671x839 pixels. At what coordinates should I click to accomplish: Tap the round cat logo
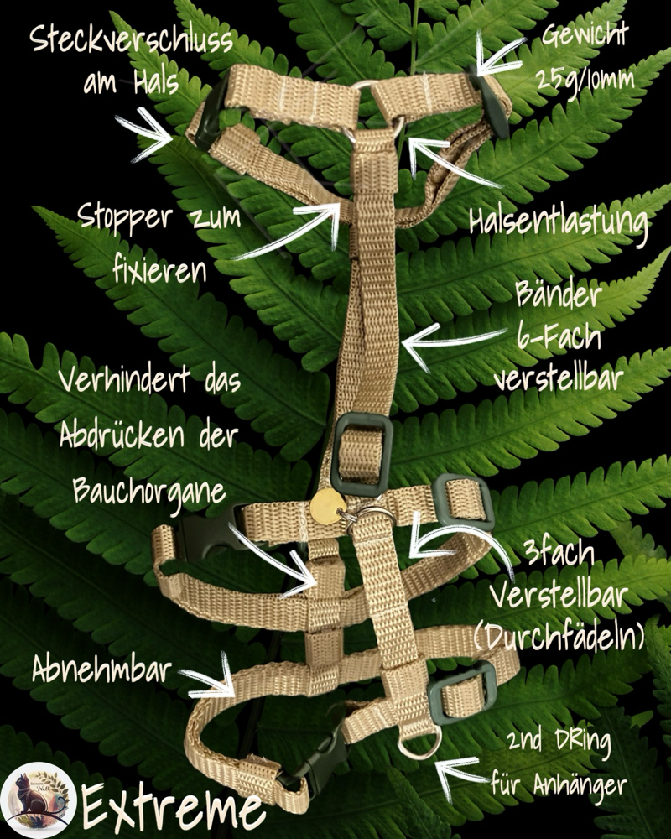coord(38,798)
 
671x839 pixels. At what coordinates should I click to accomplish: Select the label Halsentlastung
coord(559,223)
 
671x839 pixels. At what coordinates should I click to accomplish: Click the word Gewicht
coord(585,38)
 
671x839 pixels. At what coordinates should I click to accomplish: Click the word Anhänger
coord(582,785)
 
